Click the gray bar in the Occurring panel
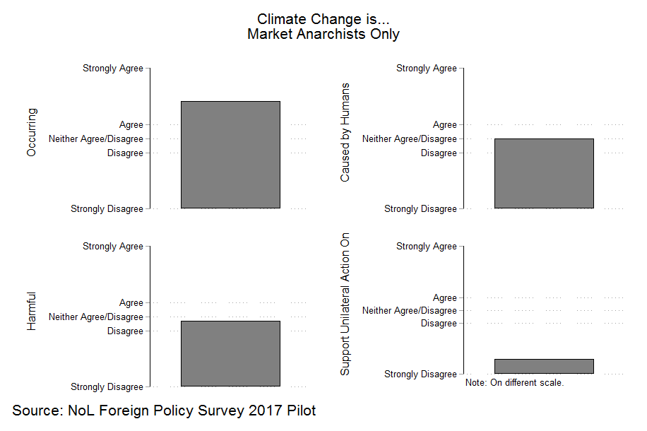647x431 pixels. (x=230, y=155)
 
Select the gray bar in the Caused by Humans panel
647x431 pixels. (x=544, y=173)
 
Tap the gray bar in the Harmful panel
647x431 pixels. (x=230, y=353)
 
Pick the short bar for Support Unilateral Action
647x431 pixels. (x=544, y=366)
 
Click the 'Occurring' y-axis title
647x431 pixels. (x=32, y=132)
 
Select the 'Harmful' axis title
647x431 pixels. (x=32, y=312)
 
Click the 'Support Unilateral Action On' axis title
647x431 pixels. (x=345, y=303)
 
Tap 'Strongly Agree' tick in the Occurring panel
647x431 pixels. (x=113, y=69)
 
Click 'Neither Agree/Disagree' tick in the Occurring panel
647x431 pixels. (x=96, y=139)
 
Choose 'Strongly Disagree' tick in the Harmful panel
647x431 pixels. (x=107, y=387)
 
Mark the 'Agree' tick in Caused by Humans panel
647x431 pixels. (x=445, y=125)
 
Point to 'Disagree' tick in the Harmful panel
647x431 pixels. (x=125, y=331)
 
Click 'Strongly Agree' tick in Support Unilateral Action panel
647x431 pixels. (x=427, y=247)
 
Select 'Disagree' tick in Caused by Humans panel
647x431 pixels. (x=439, y=153)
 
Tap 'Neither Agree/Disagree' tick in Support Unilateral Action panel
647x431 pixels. (x=410, y=311)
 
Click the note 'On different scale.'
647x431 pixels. (x=514, y=383)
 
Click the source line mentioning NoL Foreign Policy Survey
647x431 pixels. (x=164, y=411)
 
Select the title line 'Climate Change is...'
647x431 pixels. (x=323, y=19)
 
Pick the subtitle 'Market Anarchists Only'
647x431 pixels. (x=323, y=34)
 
